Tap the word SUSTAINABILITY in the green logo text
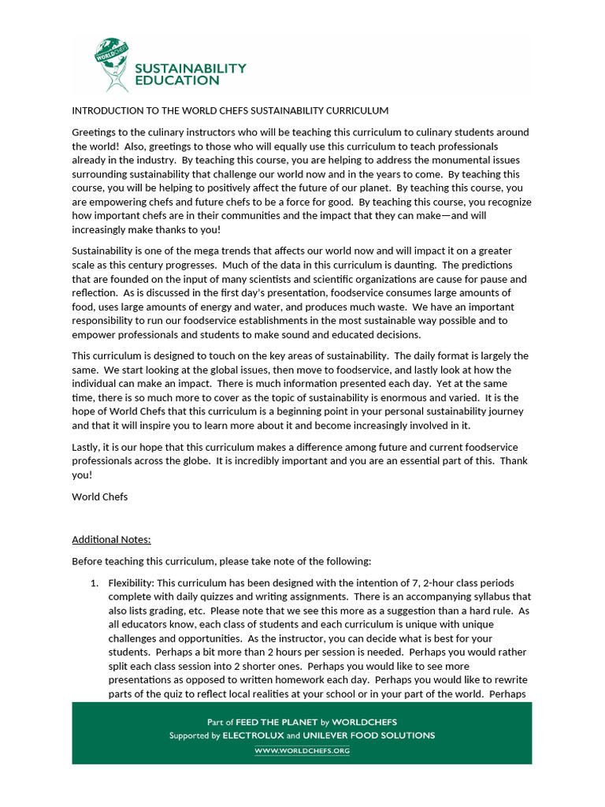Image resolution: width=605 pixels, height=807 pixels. pos(190,69)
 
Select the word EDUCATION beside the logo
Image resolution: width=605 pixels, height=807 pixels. pos(176,80)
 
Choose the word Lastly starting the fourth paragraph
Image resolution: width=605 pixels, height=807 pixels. pos(87,447)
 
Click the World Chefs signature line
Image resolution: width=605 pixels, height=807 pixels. pos(99,496)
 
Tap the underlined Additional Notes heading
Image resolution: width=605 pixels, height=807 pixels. pos(111,540)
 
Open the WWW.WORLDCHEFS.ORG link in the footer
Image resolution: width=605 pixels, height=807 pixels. pos(302,751)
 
